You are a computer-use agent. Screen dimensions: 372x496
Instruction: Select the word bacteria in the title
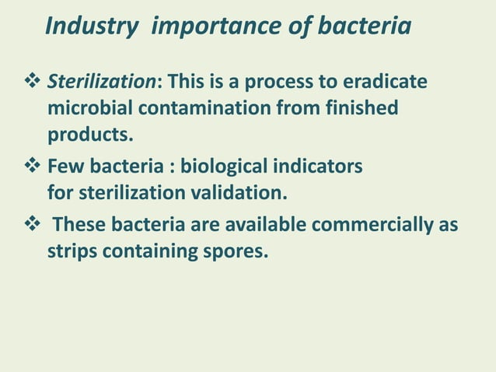(x=363, y=26)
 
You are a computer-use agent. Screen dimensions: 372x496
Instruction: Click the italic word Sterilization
(x=103, y=82)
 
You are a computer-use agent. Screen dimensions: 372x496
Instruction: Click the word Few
(x=65, y=167)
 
